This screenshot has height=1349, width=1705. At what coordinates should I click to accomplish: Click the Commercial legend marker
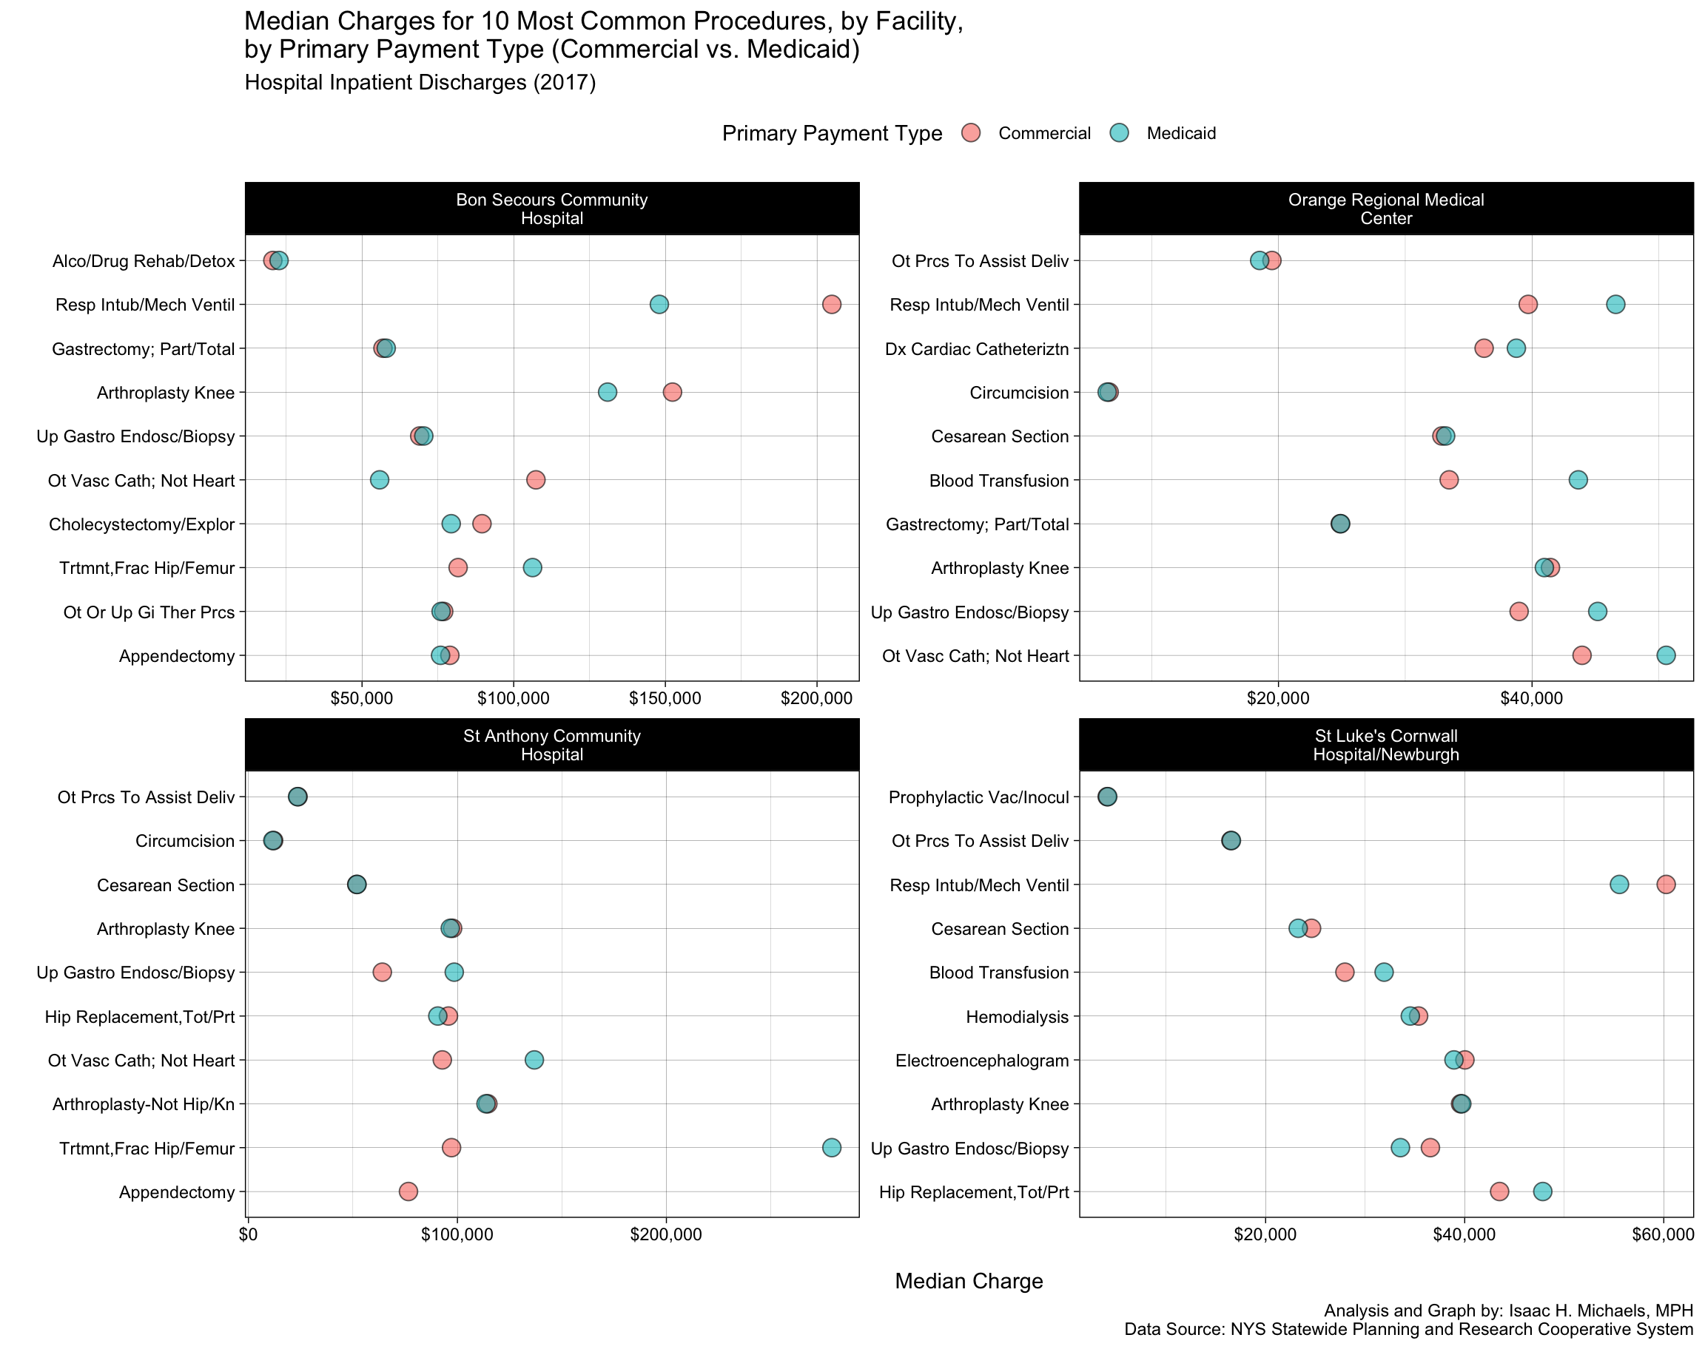[x=971, y=132]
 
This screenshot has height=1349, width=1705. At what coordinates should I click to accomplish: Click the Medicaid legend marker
[x=1120, y=132]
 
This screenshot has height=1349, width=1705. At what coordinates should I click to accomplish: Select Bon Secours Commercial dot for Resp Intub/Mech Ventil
[x=831, y=304]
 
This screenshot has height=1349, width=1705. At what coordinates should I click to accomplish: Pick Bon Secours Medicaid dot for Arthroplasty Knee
[x=607, y=392]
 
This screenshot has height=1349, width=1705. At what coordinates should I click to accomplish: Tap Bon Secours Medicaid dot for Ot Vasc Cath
[x=379, y=479]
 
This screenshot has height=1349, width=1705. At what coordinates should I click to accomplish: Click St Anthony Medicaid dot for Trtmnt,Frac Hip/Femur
[x=831, y=1147]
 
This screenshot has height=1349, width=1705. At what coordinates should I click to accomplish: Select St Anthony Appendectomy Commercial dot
[x=408, y=1191]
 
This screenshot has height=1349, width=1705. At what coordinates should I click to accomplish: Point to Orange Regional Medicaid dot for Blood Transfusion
[x=1577, y=479]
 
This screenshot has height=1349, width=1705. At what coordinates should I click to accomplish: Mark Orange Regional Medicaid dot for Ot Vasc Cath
[x=1666, y=655]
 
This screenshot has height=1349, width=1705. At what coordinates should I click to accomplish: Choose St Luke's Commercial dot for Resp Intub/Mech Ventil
[x=1666, y=884]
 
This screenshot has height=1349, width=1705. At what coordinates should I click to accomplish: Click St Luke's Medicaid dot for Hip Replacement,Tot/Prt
[x=1542, y=1191]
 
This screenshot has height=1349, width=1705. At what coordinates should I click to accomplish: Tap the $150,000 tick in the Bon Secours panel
[x=665, y=698]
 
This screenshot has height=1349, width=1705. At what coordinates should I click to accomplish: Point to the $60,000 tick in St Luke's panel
[x=1663, y=1234]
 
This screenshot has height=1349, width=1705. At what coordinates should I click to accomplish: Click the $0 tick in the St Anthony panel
[x=248, y=1234]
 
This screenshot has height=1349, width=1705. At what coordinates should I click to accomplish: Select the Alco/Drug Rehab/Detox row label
[x=144, y=260]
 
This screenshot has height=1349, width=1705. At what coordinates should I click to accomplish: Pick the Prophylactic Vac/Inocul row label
[x=978, y=797]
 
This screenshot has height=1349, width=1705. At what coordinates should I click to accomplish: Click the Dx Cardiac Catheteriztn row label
[x=977, y=348]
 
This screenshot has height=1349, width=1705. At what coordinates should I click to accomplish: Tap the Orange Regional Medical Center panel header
[x=1386, y=209]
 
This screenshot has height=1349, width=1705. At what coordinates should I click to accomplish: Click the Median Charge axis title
[x=969, y=1281]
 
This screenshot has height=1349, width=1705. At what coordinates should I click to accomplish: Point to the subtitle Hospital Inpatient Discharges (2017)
[x=420, y=82]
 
